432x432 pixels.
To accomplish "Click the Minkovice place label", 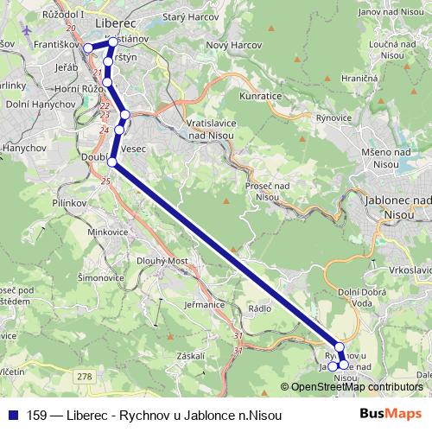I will coord(108,232).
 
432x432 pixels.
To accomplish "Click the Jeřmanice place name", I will coord(205,304).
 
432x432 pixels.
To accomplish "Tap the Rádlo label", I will coord(259,307).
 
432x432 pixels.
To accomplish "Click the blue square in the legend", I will coord(14,416).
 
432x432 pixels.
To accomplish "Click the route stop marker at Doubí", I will coord(111,161).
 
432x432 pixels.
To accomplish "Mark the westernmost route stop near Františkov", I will coord(87,48).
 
